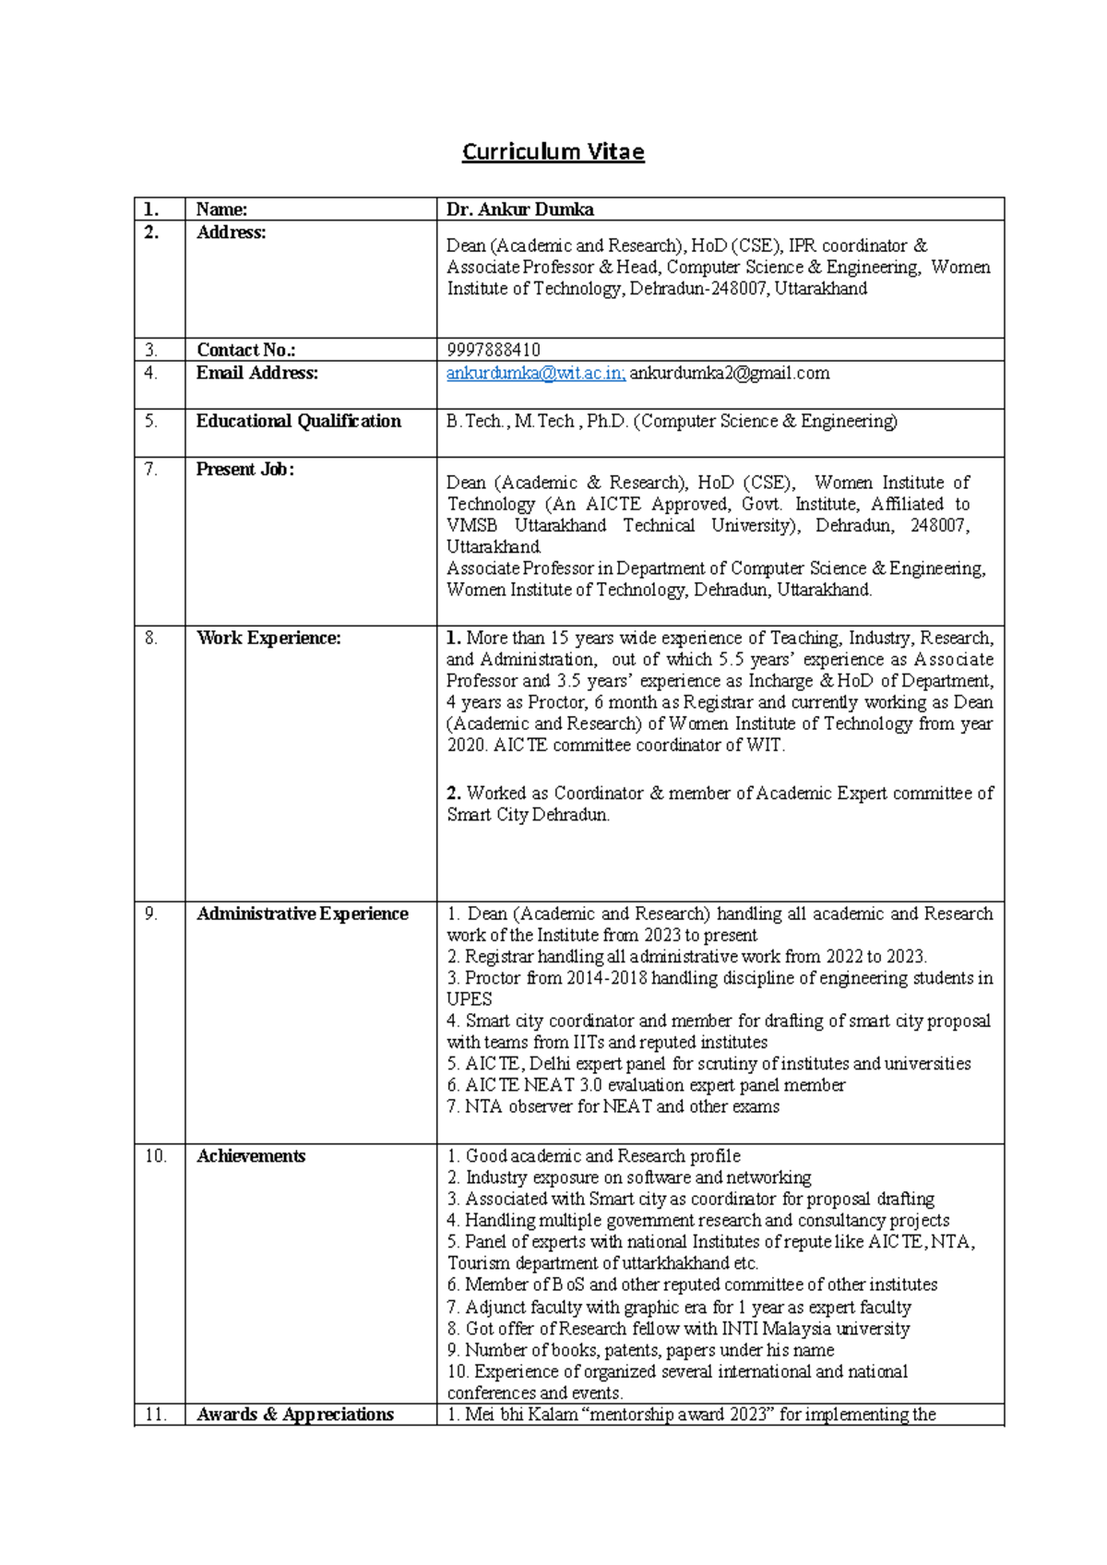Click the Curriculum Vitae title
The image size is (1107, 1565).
pyautogui.click(x=553, y=151)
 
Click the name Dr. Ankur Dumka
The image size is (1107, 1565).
pyautogui.click(x=519, y=209)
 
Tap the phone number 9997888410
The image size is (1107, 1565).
pyautogui.click(x=494, y=350)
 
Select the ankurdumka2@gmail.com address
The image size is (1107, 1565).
pyautogui.click(x=729, y=373)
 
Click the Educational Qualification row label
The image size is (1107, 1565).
pyautogui.click(x=298, y=421)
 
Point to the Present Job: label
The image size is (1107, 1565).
pyautogui.click(x=244, y=469)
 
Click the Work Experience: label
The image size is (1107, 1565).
pyautogui.click(x=268, y=638)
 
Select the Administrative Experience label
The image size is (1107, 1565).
pyautogui.click(x=302, y=914)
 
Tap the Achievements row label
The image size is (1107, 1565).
pyautogui.click(x=250, y=1156)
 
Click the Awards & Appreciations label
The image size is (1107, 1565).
pyautogui.click(x=294, y=1415)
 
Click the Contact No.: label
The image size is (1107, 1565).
pyautogui.click(x=245, y=350)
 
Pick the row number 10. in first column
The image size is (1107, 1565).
pyautogui.click(x=156, y=1156)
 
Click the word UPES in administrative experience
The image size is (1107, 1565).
pyautogui.click(x=470, y=999)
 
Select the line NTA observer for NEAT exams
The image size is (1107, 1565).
pyautogui.click(x=613, y=1106)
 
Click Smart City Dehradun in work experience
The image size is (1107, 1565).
pyautogui.click(x=528, y=815)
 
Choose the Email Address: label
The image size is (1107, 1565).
pyautogui.click(x=256, y=373)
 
